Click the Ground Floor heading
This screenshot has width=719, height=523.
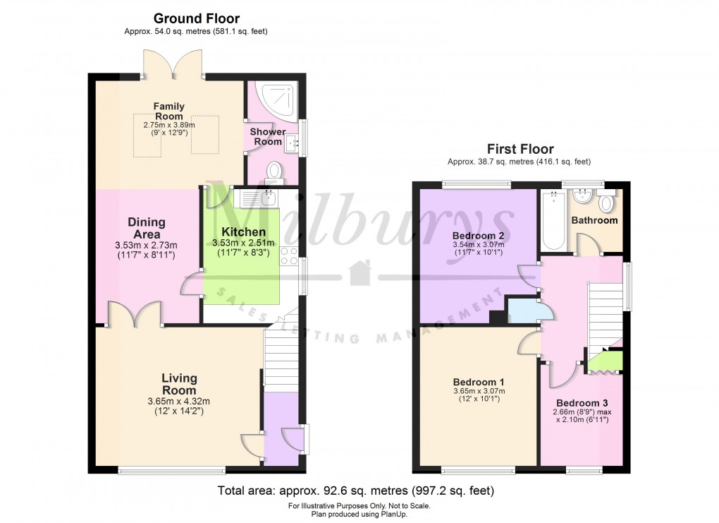coord(196,19)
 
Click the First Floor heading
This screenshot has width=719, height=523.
coord(520,149)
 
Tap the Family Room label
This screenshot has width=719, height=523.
coord(169,111)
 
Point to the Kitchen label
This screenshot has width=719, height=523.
coord(244,232)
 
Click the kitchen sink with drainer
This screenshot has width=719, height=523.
coord(258,198)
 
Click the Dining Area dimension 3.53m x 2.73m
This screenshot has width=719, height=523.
coord(147,245)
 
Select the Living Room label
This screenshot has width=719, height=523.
coord(178,384)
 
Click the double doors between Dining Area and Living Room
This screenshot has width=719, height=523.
coord(135,313)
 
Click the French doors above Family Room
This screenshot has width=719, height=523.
coord(173,65)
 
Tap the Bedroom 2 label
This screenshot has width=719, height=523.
coord(478,235)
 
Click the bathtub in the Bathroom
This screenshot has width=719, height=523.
coord(553,220)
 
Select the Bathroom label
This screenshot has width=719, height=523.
coord(594,220)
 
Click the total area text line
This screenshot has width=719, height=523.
coord(356,490)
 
